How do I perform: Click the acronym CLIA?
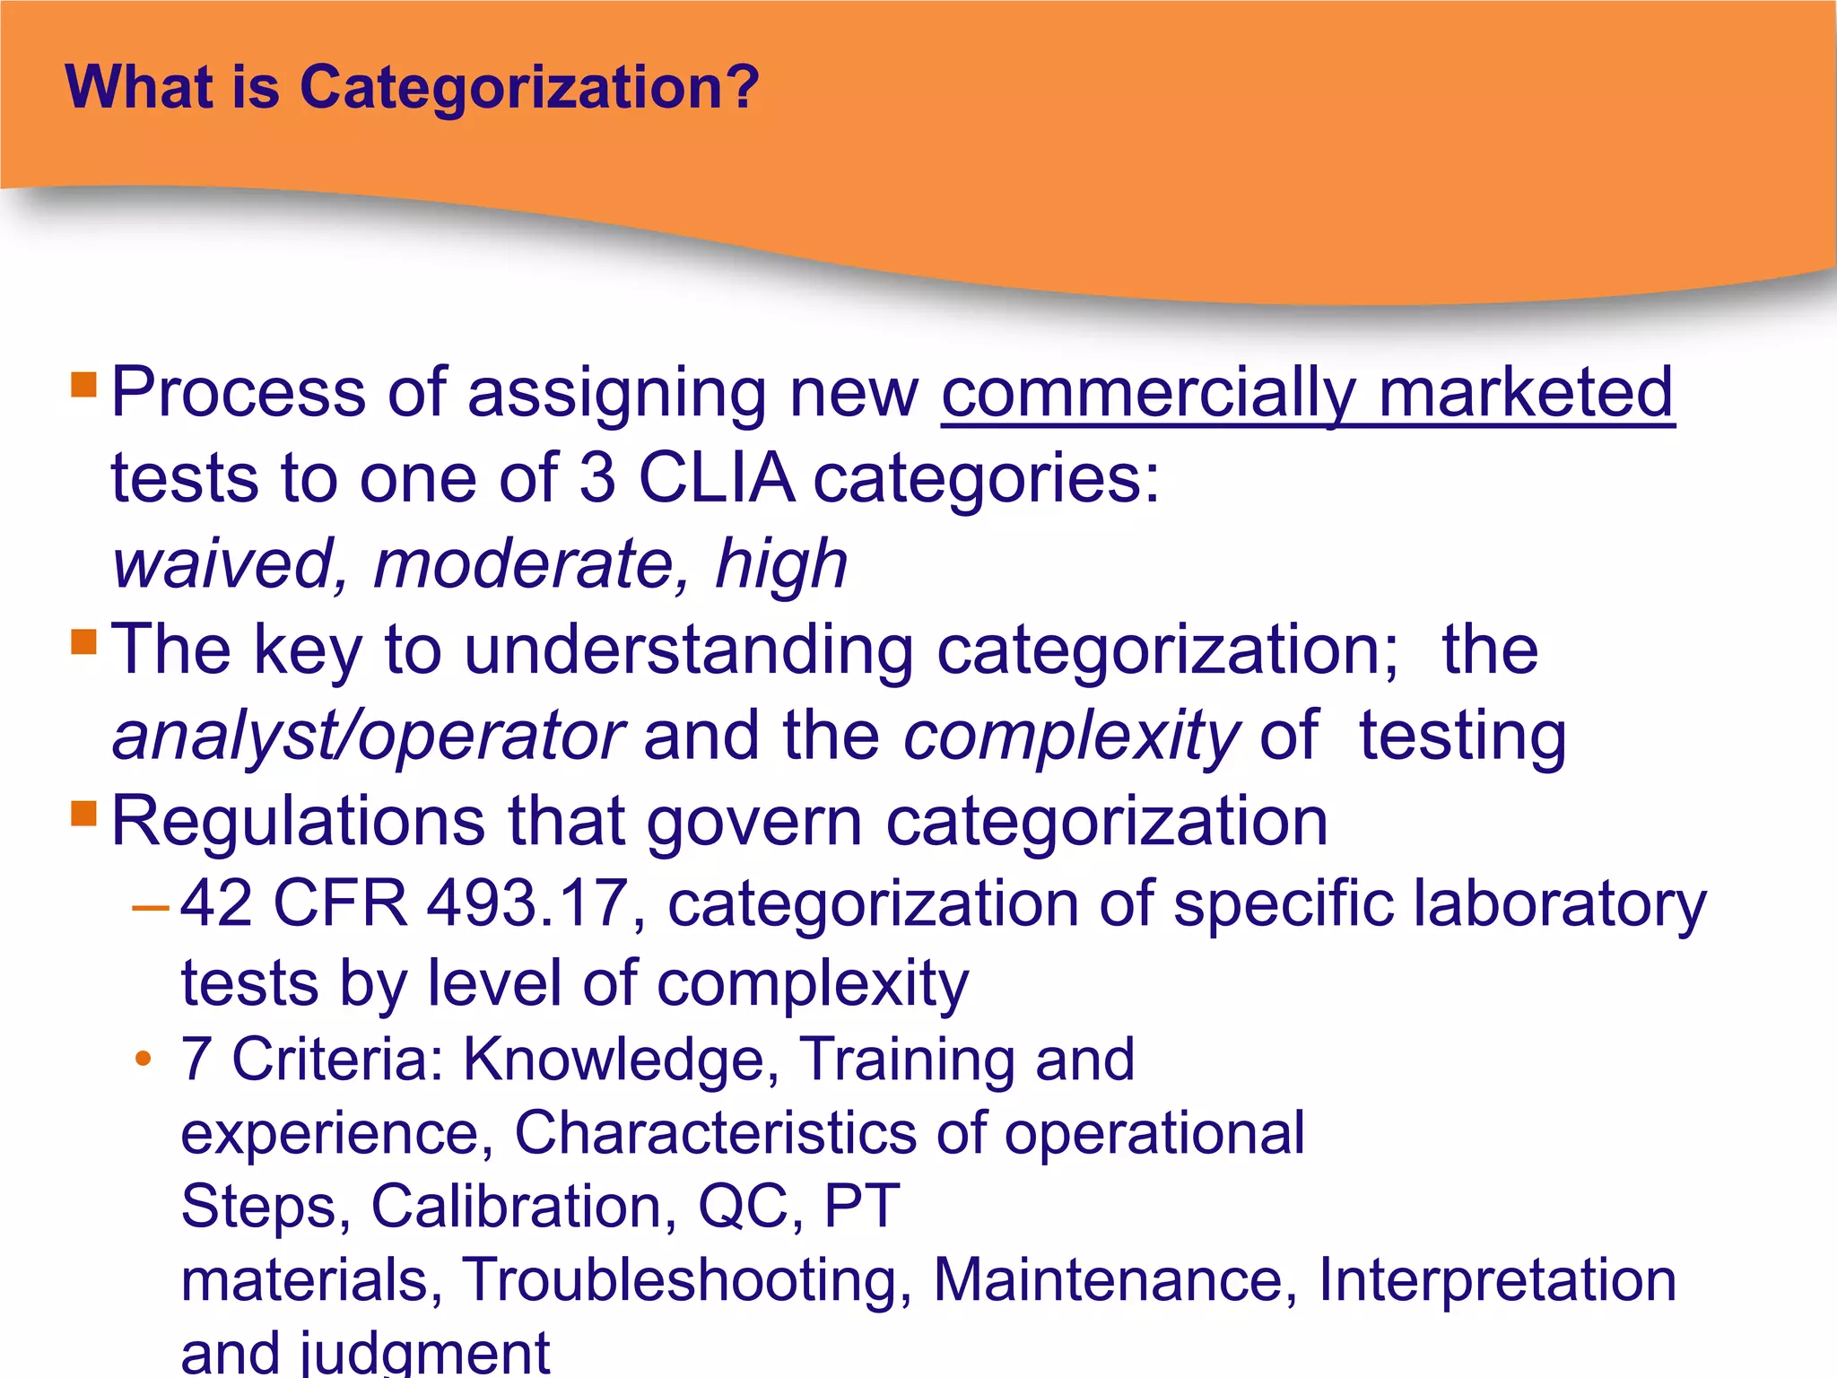coord(716,477)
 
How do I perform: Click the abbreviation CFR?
coord(340,904)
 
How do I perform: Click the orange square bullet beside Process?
coord(83,385)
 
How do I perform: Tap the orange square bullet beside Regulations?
coord(83,814)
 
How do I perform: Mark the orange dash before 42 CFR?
coord(150,909)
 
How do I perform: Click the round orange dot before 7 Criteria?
coord(143,1060)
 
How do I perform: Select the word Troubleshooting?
coord(687,1280)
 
